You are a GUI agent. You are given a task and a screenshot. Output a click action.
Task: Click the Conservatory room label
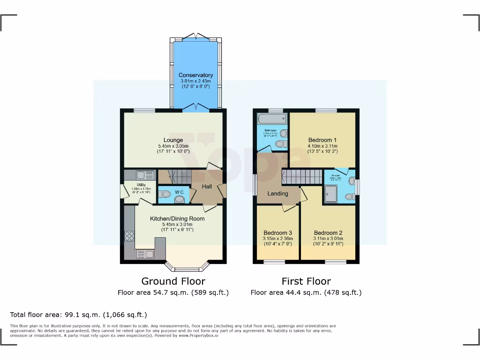pos(195,75)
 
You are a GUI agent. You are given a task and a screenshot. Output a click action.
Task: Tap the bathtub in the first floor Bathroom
pos(268,119)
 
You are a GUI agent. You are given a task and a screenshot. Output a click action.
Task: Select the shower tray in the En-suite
pos(330,194)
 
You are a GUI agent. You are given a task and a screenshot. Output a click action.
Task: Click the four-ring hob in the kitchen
pos(129,236)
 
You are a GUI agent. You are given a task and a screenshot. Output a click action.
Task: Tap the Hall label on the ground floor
pos(207,187)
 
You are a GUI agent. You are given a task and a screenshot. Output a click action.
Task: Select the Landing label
pos(277,193)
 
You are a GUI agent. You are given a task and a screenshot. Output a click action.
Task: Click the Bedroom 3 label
pos(277,233)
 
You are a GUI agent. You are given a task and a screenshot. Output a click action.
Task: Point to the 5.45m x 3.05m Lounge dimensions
pos(173,146)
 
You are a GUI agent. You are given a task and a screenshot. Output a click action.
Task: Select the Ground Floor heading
pos(173,281)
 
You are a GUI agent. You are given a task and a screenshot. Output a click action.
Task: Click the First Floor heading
pos(306,281)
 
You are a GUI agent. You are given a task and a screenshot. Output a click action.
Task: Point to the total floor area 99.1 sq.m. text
pos(79,315)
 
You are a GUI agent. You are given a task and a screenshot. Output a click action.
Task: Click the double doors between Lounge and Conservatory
pos(196,107)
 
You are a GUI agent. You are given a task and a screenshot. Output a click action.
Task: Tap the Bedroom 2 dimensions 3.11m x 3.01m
pos(328,239)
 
